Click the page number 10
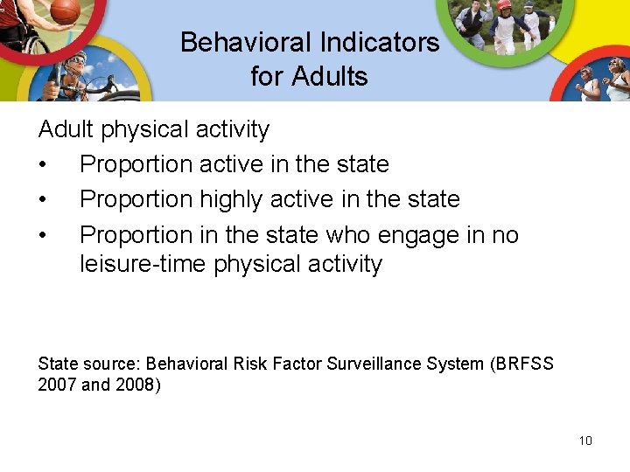[585, 441]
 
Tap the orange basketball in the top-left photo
[65, 10]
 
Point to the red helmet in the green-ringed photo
[504, 5]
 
